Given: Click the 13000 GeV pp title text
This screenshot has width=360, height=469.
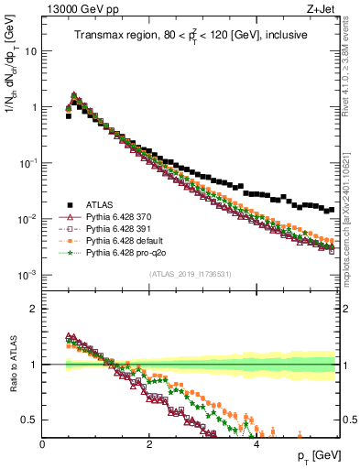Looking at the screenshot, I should (x=75, y=9).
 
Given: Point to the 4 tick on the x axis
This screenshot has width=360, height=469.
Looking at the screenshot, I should (x=256, y=443).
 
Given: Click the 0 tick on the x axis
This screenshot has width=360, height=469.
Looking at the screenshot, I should (x=43, y=443).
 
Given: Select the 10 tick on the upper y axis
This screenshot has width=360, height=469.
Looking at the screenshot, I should (x=31, y=51).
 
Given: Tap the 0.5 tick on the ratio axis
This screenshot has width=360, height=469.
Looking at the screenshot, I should (x=30, y=420).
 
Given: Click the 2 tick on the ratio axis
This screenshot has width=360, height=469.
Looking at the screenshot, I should (x=34, y=309).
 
